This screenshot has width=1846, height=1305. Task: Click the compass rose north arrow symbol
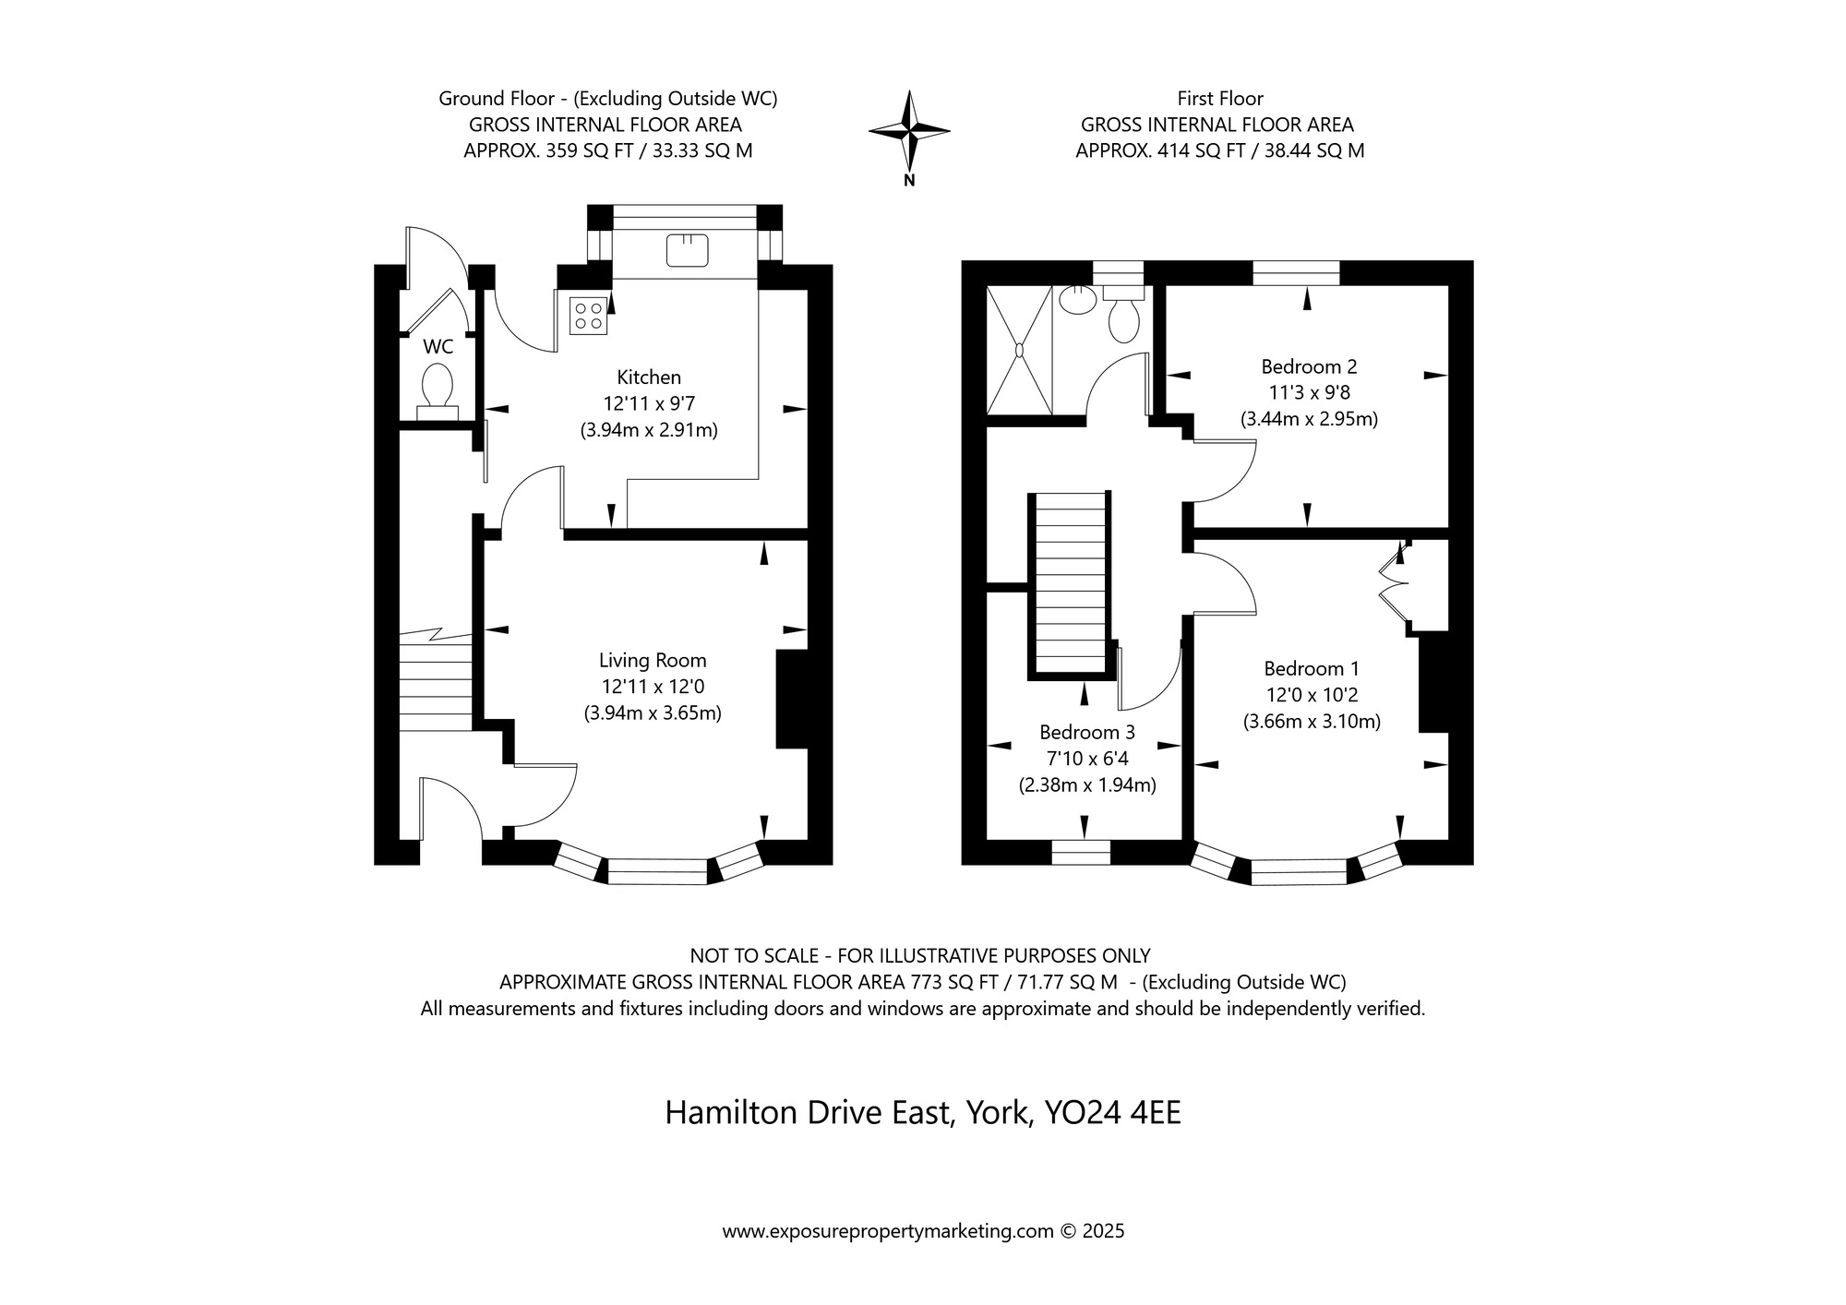click(909, 131)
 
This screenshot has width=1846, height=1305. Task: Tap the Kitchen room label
click(649, 377)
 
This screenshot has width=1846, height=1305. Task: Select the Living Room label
click(653, 660)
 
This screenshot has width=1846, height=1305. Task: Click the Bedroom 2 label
click(1309, 366)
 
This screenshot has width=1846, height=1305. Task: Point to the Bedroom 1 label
click(1312, 668)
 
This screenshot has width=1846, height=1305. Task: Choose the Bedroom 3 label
click(1087, 732)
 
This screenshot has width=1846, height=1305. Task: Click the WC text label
click(438, 347)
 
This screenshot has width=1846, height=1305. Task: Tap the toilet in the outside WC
click(437, 392)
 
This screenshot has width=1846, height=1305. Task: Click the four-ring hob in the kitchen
click(589, 314)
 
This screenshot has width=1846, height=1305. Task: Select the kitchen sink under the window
click(687, 250)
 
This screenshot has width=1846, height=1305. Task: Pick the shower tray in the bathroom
click(1020, 350)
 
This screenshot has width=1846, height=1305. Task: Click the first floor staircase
click(1071, 584)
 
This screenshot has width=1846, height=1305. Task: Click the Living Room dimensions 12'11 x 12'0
click(653, 687)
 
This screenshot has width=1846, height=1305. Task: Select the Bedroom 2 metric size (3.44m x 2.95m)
click(1309, 419)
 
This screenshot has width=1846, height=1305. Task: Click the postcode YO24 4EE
click(1112, 1113)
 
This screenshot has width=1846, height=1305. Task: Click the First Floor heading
click(1220, 98)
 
